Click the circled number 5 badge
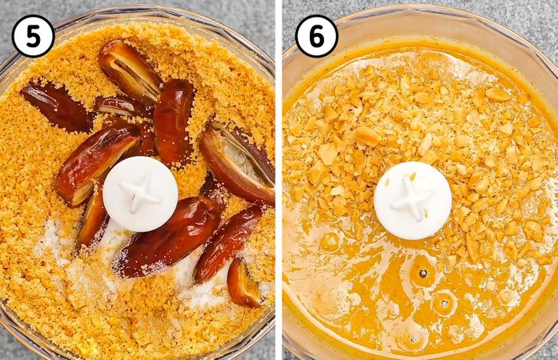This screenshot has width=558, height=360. [33, 36]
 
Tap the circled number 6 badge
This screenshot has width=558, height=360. [317, 36]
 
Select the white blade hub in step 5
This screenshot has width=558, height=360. [140, 194]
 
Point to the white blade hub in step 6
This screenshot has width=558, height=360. [413, 200]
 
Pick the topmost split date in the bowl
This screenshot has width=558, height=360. [129, 70]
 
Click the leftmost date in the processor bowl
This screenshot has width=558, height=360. [56, 105]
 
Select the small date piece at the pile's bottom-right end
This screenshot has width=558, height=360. [244, 283]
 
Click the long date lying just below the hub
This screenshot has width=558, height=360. [167, 237]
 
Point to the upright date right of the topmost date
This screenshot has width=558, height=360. [175, 121]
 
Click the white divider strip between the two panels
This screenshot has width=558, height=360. [279, 180]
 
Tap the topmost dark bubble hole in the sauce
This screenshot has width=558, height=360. [423, 273]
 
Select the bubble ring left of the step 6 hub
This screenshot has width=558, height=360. [330, 242]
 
